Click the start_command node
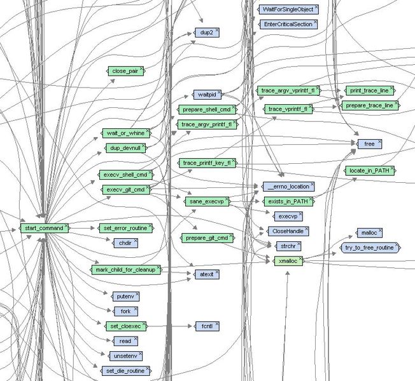[43, 227]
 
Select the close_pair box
[125, 71]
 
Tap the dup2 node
[207, 31]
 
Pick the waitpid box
[206, 95]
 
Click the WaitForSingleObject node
[288, 10]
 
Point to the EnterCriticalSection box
[288, 24]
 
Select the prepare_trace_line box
[370, 105]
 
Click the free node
[369, 144]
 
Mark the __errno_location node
[288, 187]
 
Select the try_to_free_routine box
[370, 247]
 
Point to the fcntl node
[207, 326]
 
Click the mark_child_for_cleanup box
[125, 270]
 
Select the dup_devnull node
[124, 148]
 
